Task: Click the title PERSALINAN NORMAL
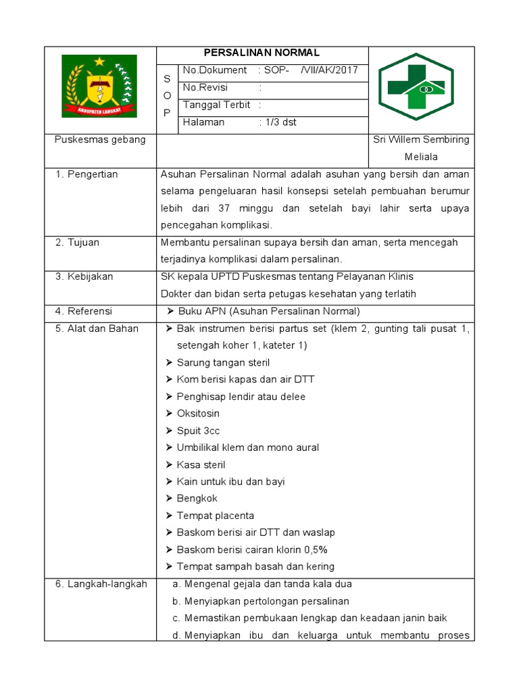(262, 53)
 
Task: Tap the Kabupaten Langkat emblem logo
(99, 86)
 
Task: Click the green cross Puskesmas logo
(416, 87)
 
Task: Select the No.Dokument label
(215, 71)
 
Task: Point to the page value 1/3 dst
(280, 123)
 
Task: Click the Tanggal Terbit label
(216, 105)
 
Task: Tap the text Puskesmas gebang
(100, 140)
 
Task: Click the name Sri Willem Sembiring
(421, 140)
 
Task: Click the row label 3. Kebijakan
(84, 277)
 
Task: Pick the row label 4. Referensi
(84, 312)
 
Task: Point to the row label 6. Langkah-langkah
(101, 585)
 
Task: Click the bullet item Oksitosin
(197, 414)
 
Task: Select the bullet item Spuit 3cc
(197, 431)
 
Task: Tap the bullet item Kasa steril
(200, 465)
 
